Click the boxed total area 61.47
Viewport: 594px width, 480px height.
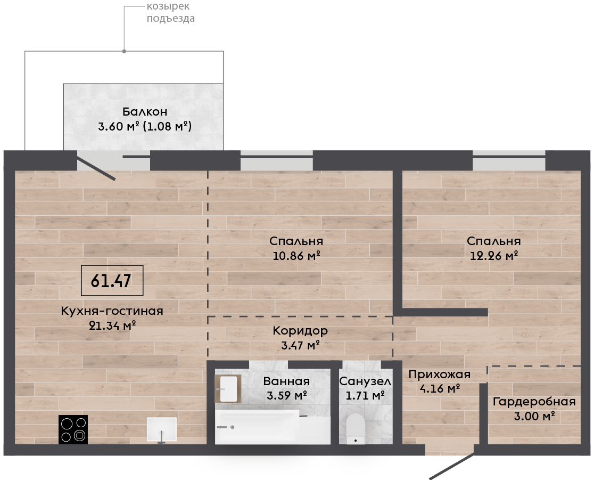pos(112,281)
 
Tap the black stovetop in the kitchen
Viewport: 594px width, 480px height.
pos(73,429)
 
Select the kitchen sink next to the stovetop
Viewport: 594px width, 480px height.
pos(162,429)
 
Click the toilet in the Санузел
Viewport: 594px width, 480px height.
pos(356,428)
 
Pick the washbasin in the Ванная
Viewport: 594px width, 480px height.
pos(228,388)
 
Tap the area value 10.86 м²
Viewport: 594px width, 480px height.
pos(296,256)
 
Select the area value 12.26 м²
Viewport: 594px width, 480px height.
pos(494,256)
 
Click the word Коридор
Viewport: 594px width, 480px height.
pos(300,331)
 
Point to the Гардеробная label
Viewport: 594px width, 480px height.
pos(534,402)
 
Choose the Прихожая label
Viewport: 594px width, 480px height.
pos(440,375)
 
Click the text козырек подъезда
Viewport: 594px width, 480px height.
pos(171,12)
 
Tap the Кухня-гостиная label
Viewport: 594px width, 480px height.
pos(112,311)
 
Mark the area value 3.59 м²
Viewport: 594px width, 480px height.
pos(287,396)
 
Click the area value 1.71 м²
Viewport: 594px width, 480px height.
pos(365,396)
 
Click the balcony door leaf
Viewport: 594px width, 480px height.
pos(96,166)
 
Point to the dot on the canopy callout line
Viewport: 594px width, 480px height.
pos(124,51)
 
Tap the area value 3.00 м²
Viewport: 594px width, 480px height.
pos(534,416)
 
